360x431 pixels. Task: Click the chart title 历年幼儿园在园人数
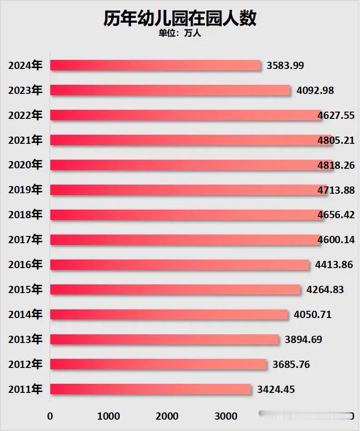tap(180, 19)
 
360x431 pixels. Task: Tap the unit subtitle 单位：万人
tap(180, 34)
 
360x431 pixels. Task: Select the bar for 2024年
tap(155, 65)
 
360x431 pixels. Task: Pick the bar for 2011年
tap(150, 389)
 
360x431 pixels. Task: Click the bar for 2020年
tap(191, 165)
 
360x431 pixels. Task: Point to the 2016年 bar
tap(179, 264)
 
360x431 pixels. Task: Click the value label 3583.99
tap(285, 65)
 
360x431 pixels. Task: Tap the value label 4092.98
tap(315, 90)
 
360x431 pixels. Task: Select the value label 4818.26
tap(336, 165)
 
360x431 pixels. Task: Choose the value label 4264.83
tap(325, 289)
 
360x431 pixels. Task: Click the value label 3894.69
tap(303, 339)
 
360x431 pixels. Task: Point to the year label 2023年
tap(25, 90)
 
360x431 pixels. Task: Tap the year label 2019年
tap(25, 190)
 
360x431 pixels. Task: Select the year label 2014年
tap(25, 314)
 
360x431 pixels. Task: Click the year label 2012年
tap(25, 364)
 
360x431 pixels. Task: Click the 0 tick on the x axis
tap(50, 416)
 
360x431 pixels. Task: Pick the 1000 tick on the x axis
tap(108, 416)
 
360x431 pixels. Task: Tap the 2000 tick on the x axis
tap(167, 416)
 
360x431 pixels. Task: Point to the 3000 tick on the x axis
tap(225, 416)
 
